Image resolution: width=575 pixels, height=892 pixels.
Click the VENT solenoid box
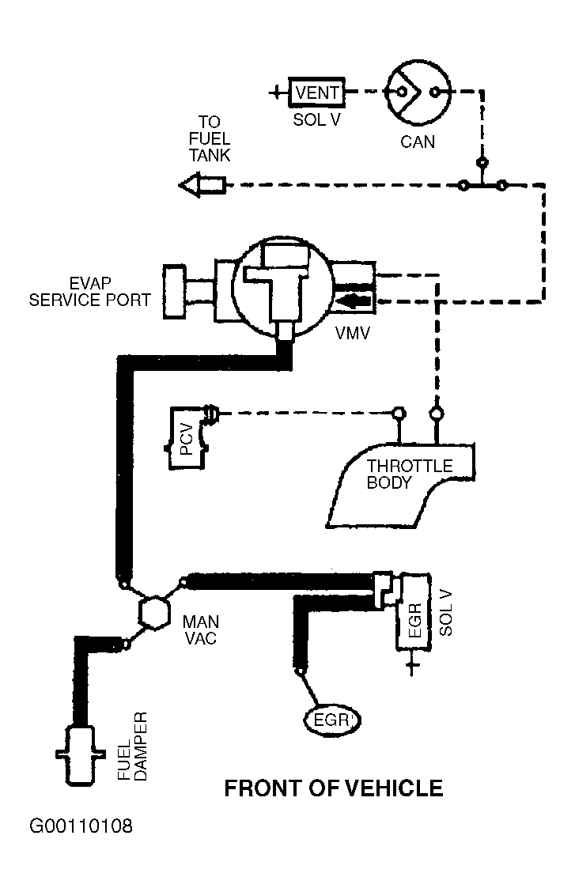316,93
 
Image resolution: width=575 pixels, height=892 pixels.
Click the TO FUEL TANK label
209,139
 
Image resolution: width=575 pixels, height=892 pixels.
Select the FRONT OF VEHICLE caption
334,788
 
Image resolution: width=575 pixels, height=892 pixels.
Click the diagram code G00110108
81,827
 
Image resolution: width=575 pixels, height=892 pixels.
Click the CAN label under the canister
418,142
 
